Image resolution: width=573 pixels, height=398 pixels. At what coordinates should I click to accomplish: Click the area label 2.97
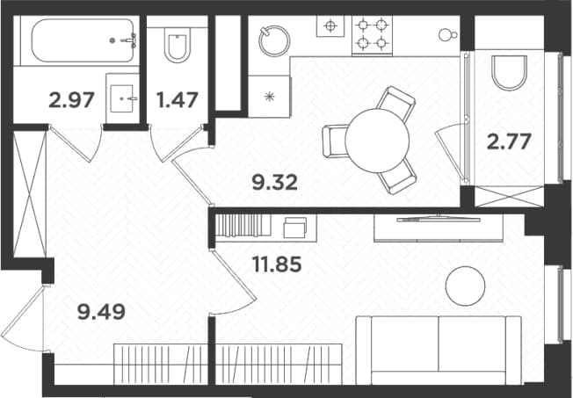(x=72, y=100)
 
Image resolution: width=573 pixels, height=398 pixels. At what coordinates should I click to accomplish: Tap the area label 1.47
(x=178, y=100)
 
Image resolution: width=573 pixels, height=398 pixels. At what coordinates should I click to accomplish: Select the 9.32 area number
(x=275, y=183)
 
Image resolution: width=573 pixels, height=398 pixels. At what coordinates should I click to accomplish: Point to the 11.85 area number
(x=277, y=264)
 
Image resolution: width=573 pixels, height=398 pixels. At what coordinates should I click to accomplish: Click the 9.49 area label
(x=102, y=312)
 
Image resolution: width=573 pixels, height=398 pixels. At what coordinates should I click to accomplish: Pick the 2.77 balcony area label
(x=509, y=141)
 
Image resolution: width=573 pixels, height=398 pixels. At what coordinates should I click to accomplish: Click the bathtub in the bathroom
(x=83, y=40)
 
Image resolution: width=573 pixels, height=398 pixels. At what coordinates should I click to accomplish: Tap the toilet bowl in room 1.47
(x=178, y=44)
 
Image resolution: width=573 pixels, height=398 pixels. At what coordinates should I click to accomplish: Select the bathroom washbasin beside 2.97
(x=122, y=98)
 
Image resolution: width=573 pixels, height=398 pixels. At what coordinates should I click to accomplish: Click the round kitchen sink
(x=274, y=40)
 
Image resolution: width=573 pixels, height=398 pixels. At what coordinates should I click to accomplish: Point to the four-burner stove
(x=372, y=35)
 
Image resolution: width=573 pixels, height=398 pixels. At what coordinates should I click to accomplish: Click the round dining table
(x=377, y=141)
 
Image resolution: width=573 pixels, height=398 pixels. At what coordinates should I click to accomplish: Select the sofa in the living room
(x=439, y=351)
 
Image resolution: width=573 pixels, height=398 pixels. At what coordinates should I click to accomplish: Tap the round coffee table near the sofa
(x=466, y=286)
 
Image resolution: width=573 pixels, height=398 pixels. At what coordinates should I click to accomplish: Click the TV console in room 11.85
(x=439, y=228)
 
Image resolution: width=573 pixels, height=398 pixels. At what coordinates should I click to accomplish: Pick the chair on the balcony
(x=510, y=72)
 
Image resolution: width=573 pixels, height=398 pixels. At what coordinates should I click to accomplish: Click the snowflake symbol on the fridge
(x=269, y=97)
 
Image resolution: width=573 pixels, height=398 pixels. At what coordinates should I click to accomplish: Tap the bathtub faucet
(x=128, y=40)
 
